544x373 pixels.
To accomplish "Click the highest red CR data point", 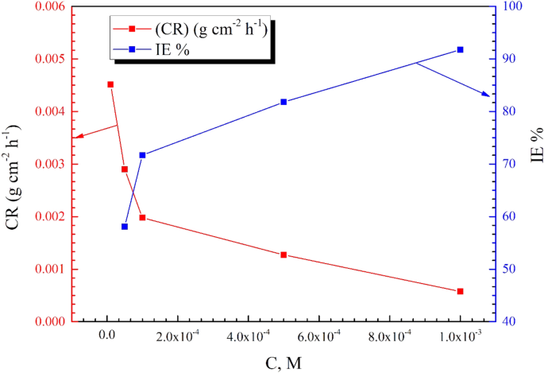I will (x=110, y=84).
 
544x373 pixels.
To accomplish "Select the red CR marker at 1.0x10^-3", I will (x=460, y=291).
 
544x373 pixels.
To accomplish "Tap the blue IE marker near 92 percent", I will (x=460, y=50).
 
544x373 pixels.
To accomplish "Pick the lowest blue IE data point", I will (x=125, y=227).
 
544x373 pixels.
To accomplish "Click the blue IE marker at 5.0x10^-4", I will (x=284, y=102).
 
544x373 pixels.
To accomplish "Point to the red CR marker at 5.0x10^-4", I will (x=284, y=254).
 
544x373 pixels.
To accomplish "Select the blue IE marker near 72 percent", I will (x=142, y=155).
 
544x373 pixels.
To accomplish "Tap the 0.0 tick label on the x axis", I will (x=107, y=337).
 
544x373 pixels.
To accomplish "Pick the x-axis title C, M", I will (x=283, y=362).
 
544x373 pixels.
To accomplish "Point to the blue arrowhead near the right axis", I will (x=487, y=95).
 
